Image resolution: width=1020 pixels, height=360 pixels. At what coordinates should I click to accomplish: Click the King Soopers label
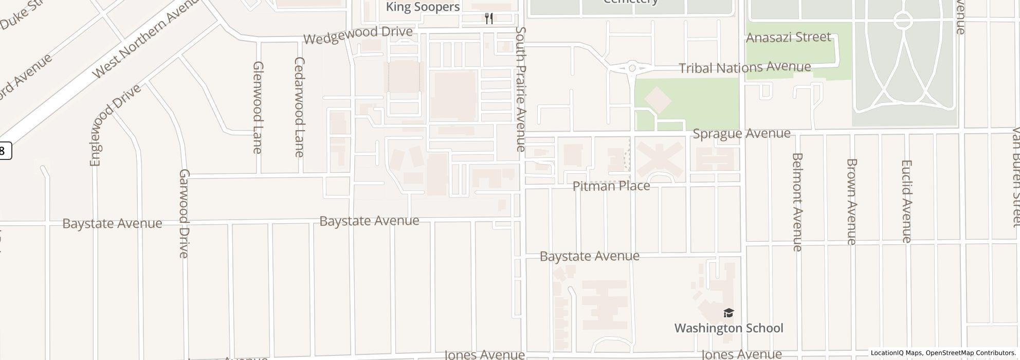click(423, 7)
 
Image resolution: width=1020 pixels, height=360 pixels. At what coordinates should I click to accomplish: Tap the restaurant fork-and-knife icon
click(489, 19)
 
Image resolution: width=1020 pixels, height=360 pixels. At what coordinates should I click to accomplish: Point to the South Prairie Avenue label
click(521, 89)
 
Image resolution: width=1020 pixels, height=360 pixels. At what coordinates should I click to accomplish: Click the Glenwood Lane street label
click(258, 107)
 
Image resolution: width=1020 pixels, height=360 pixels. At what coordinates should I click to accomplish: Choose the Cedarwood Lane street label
click(299, 107)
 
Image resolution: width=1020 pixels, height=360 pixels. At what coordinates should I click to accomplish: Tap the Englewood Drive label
click(115, 125)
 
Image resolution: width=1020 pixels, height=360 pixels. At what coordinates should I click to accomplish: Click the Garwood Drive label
click(184, 213)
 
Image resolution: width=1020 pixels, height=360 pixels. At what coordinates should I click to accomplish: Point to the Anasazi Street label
click(788, 38)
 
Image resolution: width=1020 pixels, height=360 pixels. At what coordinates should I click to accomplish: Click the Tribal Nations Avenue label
click(744, 67)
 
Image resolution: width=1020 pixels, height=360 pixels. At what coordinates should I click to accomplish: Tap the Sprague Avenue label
click(741, 134)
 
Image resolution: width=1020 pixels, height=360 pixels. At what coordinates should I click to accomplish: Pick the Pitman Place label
click(611, 186)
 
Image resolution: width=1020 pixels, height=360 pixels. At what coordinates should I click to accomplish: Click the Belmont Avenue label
click(797, 202)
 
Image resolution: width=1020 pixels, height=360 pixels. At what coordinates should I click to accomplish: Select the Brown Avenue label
click(852, 202)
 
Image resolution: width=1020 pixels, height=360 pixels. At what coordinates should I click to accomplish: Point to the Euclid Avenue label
click(906, 201)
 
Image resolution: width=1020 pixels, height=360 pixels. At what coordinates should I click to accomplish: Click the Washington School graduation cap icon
click(728, 313)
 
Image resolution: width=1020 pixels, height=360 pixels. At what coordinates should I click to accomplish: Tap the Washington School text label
click(728, 328)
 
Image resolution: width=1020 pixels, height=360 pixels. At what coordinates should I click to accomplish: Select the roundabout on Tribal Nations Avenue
click(632, 67)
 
